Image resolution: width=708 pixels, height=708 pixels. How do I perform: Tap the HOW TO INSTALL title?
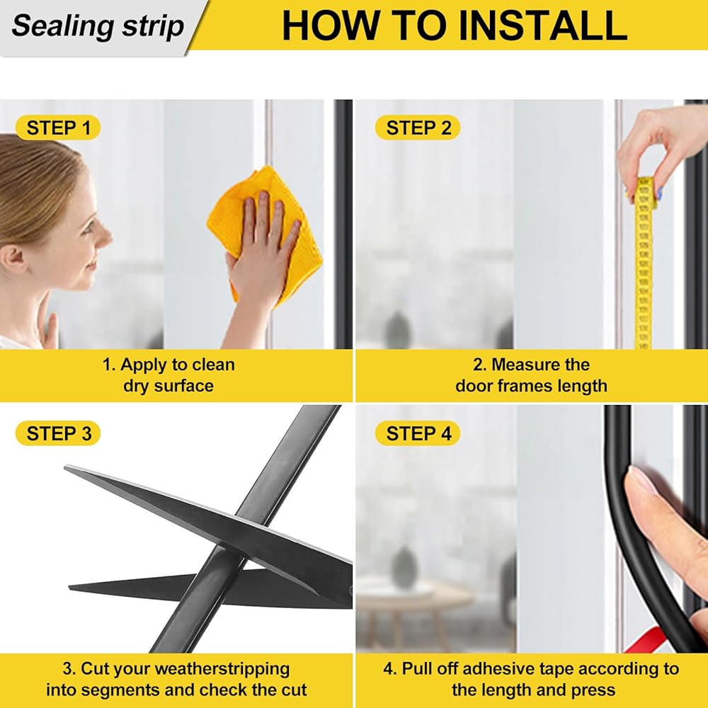pos(455,25)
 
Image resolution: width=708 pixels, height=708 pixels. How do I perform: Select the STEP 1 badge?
pos(58,127)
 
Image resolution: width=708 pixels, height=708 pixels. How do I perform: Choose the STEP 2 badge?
pos(418,127)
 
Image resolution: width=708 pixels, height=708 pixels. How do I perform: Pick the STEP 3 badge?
pos(58,433)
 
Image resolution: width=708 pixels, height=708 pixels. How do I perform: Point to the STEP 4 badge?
pos(418,433)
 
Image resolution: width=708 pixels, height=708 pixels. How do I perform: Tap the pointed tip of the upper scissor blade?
pos(66,468)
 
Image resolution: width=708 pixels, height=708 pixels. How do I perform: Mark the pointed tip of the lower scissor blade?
pos(70,587)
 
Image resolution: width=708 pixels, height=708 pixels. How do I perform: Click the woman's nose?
pos(106,234)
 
